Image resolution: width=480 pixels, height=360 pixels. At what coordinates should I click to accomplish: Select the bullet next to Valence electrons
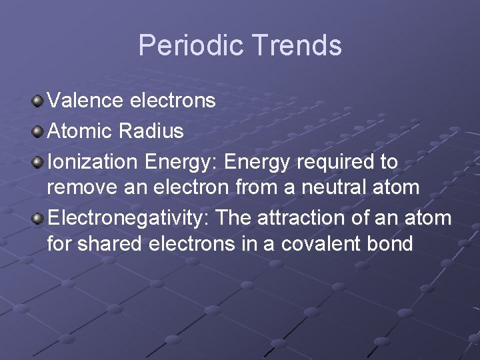click(38, 101)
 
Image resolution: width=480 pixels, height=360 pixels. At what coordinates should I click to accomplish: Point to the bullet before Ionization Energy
click(38, 162)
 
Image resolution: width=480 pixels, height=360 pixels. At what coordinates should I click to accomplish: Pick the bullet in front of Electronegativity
click(38, 219)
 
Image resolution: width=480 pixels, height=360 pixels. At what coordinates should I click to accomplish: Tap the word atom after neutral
click(397, 187)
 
